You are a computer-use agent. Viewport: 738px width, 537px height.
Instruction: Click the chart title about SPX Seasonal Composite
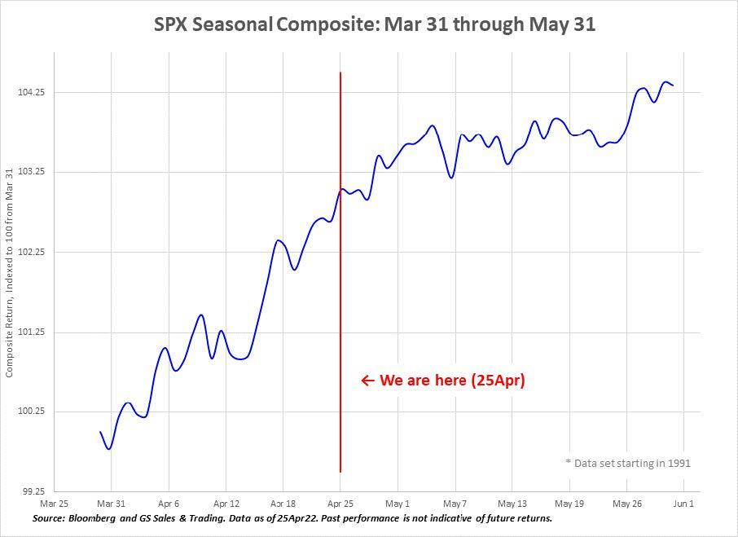[x=375, y=24]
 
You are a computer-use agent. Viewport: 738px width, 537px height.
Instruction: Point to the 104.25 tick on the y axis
[x=30, y=93]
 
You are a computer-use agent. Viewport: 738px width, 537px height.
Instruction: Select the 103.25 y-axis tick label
[x=30, y=173]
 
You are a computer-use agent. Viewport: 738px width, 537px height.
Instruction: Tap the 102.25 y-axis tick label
[x=30, y=253]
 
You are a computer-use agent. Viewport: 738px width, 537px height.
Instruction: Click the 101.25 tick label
[x=30, y=332]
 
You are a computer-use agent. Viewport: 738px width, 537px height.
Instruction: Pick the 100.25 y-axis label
[x=30, y=412]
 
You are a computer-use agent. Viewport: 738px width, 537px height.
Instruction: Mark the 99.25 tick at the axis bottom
[x=30, y=492]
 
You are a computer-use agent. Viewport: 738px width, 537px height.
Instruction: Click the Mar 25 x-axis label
[x=54, y=504]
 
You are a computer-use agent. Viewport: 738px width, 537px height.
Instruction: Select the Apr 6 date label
[x=169, y=504]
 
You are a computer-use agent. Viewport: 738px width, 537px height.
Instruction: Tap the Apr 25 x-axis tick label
[x=340, y=504]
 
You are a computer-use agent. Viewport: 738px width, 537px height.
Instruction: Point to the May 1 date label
[x=398, y=504]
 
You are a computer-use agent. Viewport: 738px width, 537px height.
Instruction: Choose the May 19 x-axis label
[x=570, y=504]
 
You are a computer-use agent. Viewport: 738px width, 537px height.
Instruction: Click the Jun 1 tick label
[x=683, y=504]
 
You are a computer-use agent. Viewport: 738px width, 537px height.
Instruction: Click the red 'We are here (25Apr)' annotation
[x=453, y=381]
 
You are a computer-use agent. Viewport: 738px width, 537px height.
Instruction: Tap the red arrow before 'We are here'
[x=367, y=381]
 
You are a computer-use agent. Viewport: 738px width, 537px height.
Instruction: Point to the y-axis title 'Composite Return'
[x=10, y=273]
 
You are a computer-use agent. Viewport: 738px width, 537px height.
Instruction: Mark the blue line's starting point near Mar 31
[x=100, y=433]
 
